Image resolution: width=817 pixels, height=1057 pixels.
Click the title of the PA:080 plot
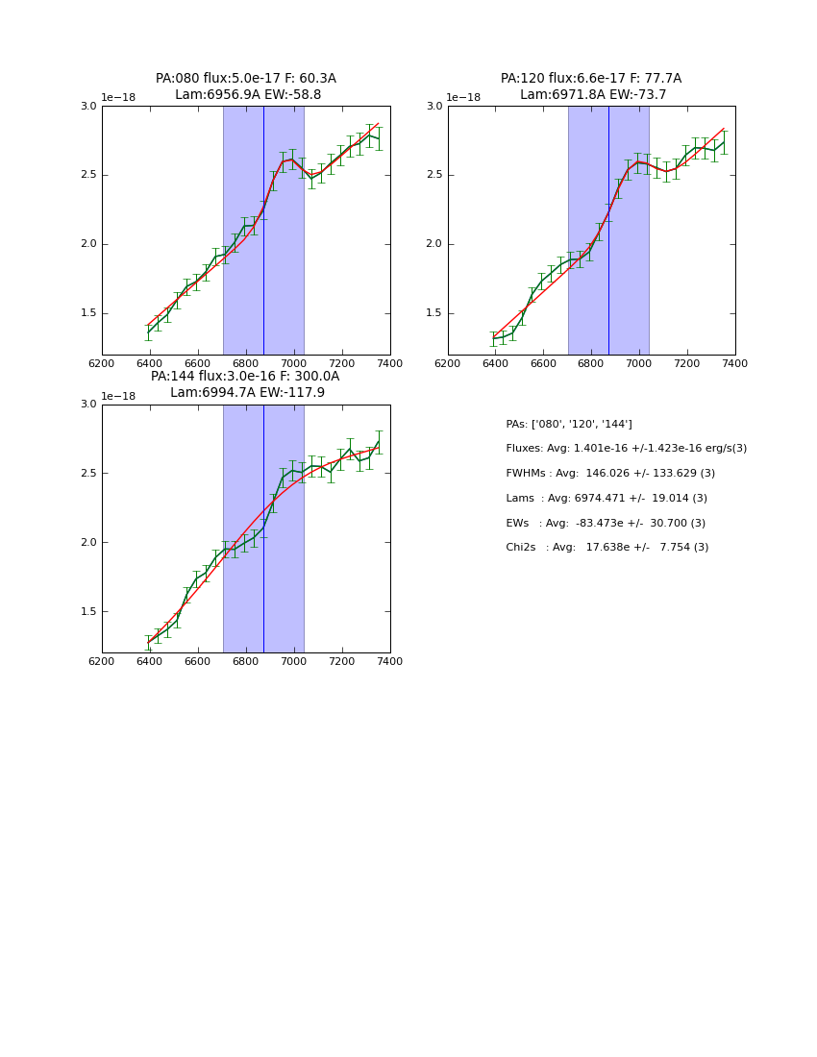[x=246, y=86]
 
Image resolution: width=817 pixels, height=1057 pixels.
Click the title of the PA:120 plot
[x=591, y=86]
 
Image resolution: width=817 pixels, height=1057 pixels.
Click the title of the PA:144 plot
[x=246, y=384]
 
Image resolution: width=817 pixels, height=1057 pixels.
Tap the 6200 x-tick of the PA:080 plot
[x=102, y=363]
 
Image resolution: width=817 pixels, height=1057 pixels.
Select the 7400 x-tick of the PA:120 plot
[x=735, y=363]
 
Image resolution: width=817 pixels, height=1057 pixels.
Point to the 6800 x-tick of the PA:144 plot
[x=246, y=661]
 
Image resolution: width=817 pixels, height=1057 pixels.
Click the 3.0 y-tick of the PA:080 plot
[x=88, y=107]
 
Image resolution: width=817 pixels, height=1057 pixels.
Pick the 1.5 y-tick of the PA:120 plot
[x=434, y=313]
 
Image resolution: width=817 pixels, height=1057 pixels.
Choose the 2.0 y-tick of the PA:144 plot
[x=88, y=543]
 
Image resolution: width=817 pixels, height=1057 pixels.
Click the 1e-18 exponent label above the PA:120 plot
[x=463, y=98]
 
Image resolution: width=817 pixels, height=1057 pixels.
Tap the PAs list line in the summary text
[x=569, y=424]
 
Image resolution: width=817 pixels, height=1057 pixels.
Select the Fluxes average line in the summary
[x=626, y=449]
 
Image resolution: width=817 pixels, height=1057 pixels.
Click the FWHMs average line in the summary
[x=610, y=474]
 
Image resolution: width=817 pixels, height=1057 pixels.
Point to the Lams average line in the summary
[x=607, y=499]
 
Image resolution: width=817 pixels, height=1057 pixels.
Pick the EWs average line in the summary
[x=606, y=524]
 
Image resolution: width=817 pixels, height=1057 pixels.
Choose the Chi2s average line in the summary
[x=607, y=548]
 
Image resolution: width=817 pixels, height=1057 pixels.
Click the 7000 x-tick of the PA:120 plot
[x=639, y=363]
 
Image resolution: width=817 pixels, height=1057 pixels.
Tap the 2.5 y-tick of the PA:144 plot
[x=88, y=474]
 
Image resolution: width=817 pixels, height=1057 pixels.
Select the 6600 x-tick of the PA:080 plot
[x=198, y=363]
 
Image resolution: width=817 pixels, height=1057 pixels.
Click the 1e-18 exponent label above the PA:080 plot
[x=118, y=98]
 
